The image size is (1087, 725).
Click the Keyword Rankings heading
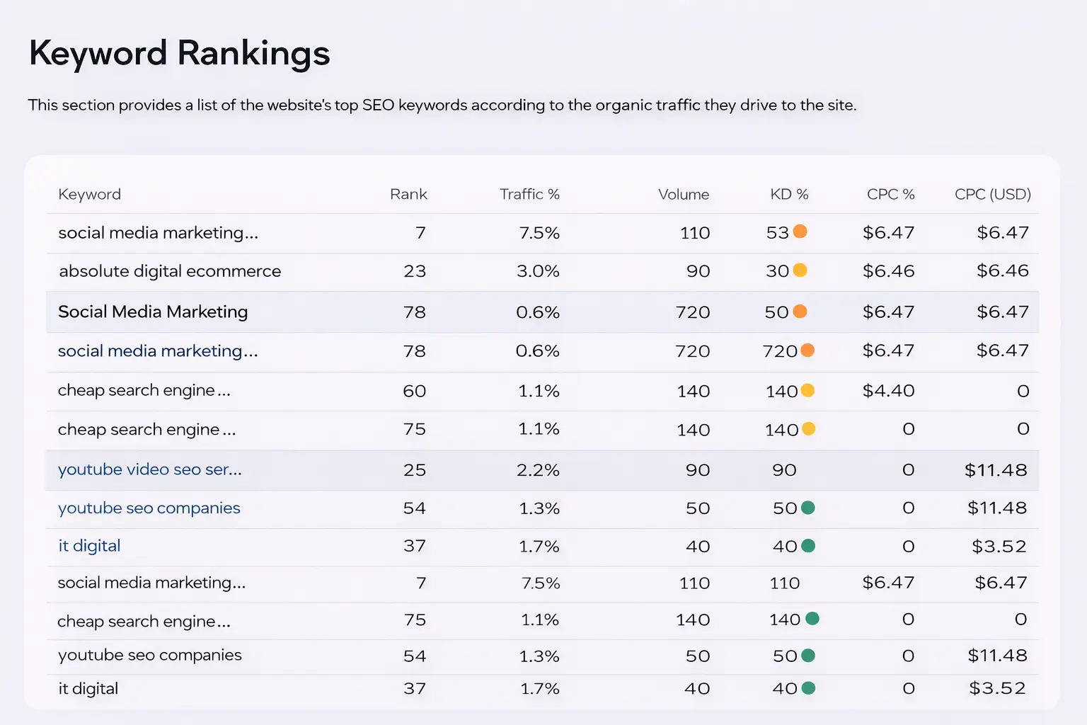point(179,53)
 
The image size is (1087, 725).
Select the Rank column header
point(408,194)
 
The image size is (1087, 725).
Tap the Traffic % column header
point(529,194)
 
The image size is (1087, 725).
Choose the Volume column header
point(683,194)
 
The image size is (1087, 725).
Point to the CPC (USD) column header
point(992,194)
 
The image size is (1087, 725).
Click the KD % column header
point(789,194)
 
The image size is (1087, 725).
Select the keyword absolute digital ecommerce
point(170,271)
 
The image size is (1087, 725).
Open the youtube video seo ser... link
point(150,469)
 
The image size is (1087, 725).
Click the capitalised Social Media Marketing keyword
point(153,312)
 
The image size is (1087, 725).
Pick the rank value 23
point(415,271)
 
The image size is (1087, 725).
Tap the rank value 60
point(415,391)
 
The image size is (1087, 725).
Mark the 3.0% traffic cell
point(538,271)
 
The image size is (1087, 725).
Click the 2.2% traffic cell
point(538,470)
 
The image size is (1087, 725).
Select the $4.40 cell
point(888,391)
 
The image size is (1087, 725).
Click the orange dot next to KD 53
point(800,232)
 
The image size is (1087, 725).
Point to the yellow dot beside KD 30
point(800,270)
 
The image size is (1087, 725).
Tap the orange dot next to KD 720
point(807,350)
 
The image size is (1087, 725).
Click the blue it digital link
point(89,546)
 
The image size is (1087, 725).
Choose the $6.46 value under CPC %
point(888,271)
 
